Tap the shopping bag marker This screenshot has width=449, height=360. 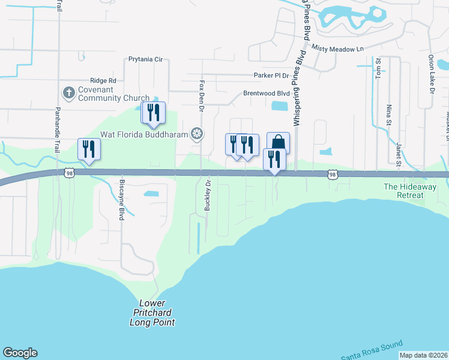pyautogui.click(x=278, y=143)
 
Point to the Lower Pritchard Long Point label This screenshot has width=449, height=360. pyautogui.click(x=152, y=313)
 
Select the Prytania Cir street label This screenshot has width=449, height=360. pyautogui.click(x=146, y=60)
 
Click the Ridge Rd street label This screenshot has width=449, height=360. pyautogui.click(x=103, y=80)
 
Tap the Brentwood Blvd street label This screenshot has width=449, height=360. pyautogui.click(x=266, y=94)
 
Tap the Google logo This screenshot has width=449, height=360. pyautogui.click(x=20, y=353)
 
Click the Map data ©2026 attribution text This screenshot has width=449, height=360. pyautogui.click(x=423, y=355)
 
